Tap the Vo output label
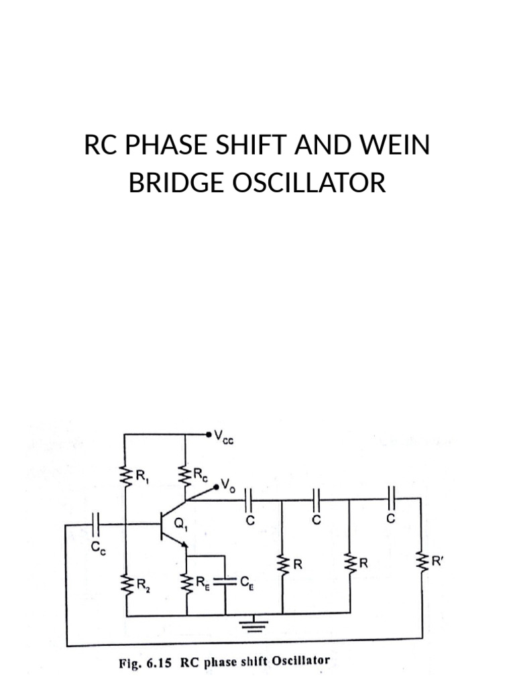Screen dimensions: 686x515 (x=230, y=482)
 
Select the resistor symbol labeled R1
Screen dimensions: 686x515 (x=125, y=476)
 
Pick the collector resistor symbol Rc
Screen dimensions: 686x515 (x=186, y=476)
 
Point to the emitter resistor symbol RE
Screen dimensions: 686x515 (x=186, y=583)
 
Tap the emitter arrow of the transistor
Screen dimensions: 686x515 (x=182, y=547)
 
